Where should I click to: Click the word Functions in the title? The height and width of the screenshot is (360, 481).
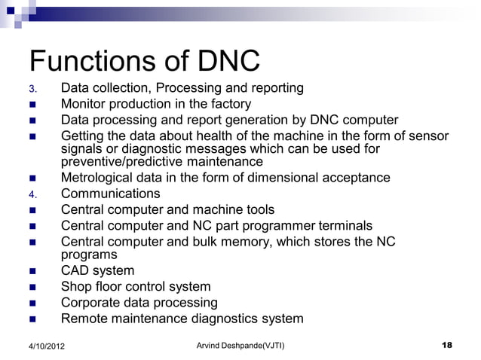coord(92,61)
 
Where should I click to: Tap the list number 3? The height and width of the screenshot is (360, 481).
coord(32,90)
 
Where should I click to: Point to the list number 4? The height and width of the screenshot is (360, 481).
coord(32,194)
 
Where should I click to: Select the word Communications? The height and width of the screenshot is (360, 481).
coord(110,194)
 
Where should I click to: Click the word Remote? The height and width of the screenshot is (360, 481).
coord(84,318)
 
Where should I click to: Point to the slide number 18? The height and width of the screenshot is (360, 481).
coord(446,345)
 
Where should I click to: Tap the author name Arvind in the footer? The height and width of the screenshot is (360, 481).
coord(207,345)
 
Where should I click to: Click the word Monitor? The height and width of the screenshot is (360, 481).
coord(85,104)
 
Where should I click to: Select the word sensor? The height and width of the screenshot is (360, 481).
coord(427,136)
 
